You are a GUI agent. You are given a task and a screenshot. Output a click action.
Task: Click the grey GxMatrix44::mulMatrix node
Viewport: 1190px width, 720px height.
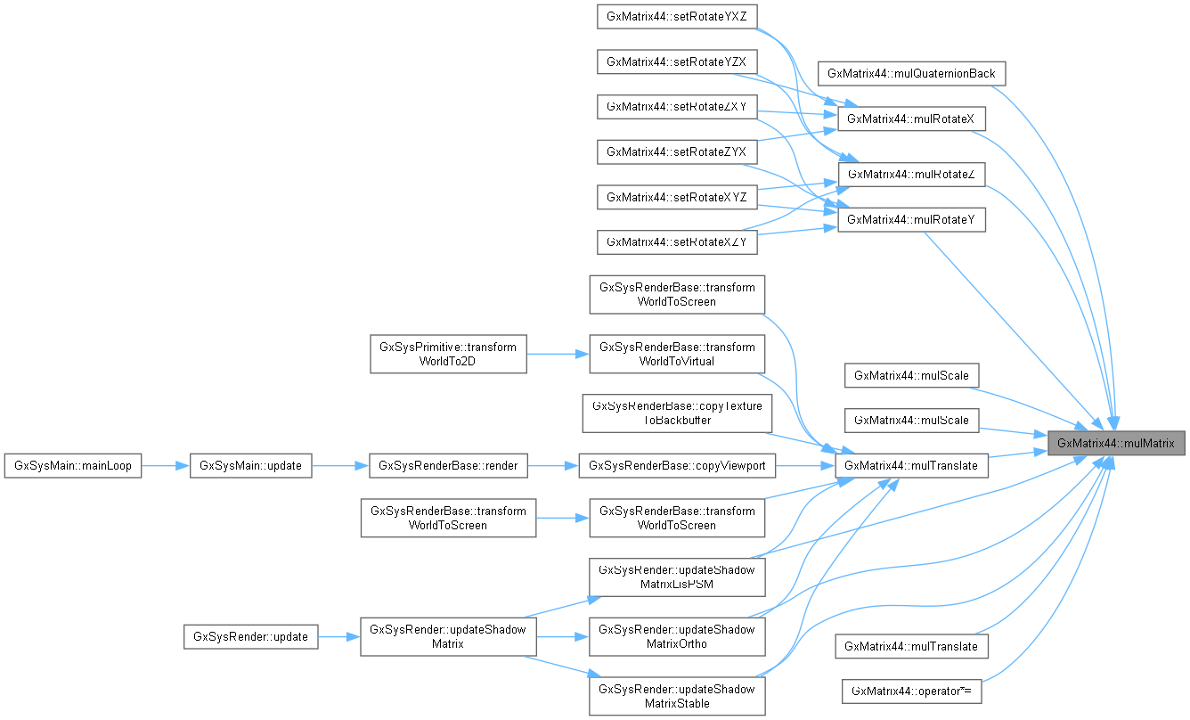(x=1116, y=442)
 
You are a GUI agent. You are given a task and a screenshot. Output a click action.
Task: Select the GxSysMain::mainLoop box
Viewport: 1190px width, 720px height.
(x=73, y=465)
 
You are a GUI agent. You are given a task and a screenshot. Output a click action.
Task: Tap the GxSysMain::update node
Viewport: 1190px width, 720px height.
(x=250, y=465)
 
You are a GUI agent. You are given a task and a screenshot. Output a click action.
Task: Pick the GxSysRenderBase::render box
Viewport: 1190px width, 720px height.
(x=449, y=465)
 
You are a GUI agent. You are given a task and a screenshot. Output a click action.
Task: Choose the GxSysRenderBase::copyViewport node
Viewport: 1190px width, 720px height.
(x=677, y=465)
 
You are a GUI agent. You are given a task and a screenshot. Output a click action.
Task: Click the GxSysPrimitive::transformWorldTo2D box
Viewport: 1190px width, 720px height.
(x=448, y=354)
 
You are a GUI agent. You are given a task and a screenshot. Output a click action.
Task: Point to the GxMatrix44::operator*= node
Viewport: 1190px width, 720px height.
(x=912, y=691)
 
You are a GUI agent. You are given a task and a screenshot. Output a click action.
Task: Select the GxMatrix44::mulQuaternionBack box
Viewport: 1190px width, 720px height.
(x=912, y=73)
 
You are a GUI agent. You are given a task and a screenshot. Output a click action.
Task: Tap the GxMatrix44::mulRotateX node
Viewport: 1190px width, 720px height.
(x=912, y=118)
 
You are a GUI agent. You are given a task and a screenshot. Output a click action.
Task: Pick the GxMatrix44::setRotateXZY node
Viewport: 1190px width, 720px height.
(x=677, y=241)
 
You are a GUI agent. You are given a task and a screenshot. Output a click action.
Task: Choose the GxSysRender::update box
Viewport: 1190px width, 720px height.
(x=250, y=636)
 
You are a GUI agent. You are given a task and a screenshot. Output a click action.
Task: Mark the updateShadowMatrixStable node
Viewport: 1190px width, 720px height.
(x=677, y=696)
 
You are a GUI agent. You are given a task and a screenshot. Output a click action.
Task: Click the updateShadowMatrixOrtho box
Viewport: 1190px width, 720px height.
(x=677, y=636)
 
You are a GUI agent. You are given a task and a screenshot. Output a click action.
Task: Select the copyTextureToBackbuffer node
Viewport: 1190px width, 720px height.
(x=677, y=413)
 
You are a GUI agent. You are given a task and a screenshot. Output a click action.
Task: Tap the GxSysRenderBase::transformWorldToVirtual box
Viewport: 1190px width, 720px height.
(x=677, y=354)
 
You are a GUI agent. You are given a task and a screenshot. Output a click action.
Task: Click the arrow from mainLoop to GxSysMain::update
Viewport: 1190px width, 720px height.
(x=166, y=465)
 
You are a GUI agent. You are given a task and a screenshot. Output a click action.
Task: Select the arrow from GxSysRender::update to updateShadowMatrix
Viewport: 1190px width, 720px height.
(x=338, y=637)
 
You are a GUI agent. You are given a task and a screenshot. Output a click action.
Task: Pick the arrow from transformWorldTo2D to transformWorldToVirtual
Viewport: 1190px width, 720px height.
(x=558, y=354)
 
